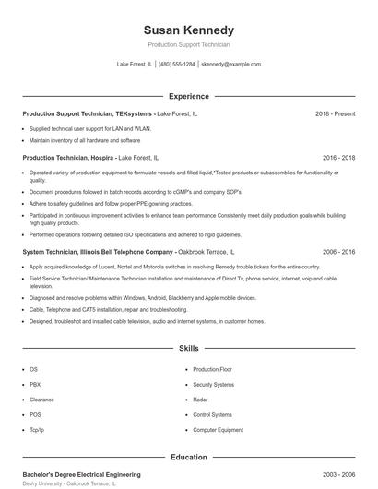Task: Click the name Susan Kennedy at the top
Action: click(189, 30)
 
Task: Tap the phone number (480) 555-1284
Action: click(177, 65)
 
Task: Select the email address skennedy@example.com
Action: click(230, 65)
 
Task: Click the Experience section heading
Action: click(189, 96)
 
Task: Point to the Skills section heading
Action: click(189, 349)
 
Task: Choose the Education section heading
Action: click(189, 457)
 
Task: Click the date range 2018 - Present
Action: click(335, 113)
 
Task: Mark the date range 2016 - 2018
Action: click(338, 158)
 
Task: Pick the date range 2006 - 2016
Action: click(338, 251)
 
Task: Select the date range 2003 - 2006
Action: click(338, 473)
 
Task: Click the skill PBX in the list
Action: click(35, 384)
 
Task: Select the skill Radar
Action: click(200, 400)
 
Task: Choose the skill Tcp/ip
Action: click(37, 430)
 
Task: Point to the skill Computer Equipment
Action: click(218, 430)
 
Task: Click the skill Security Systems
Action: click(213, 384)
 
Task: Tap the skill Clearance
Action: click(41, 400)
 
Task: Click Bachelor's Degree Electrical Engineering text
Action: click(81, 473)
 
